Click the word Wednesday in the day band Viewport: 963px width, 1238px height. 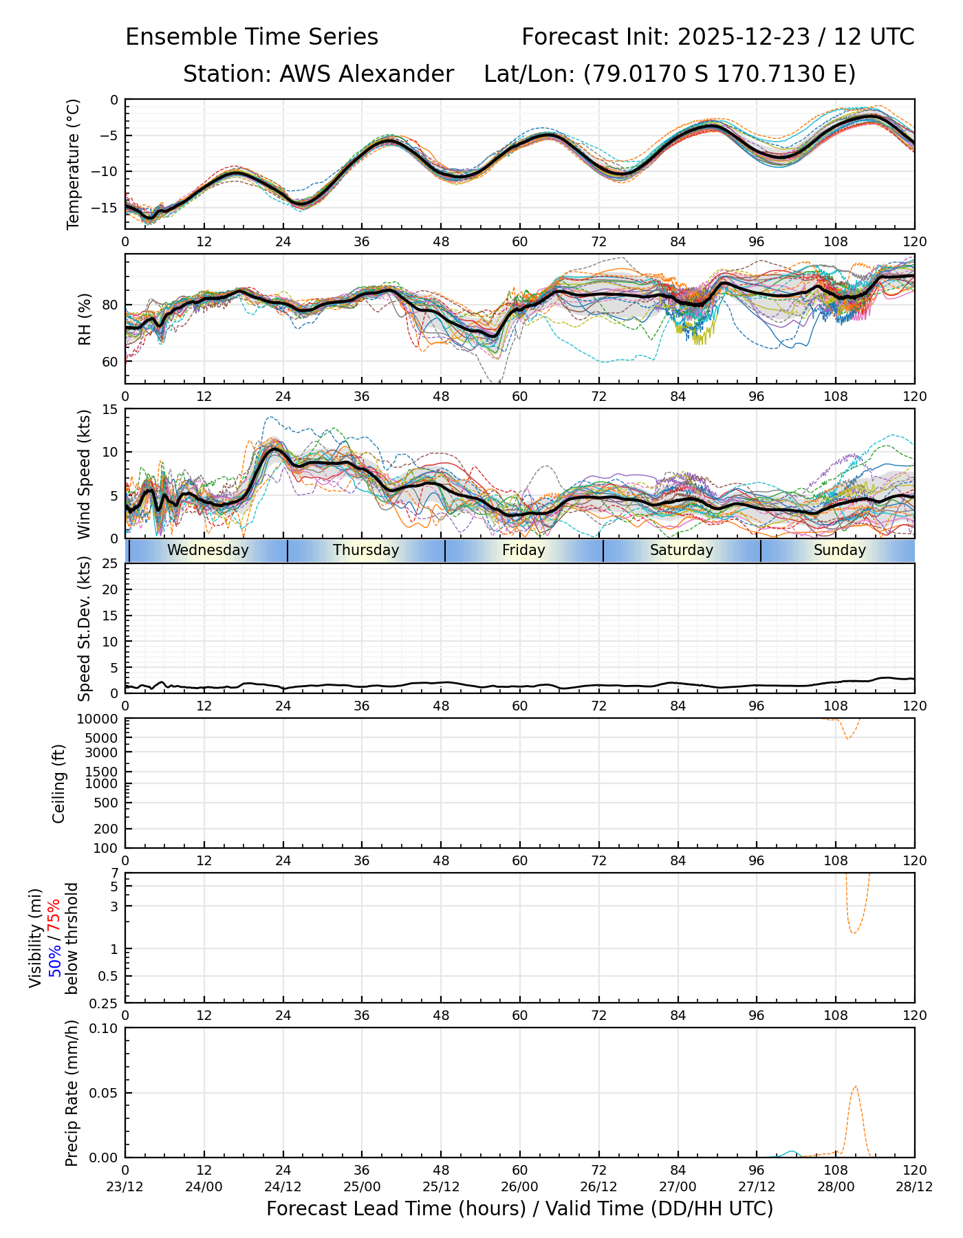coord(208,550)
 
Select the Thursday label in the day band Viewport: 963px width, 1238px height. coord(366,550)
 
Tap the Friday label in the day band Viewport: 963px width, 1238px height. coord(523,550)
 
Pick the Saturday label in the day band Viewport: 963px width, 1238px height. coord(682,550)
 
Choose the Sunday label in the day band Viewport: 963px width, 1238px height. coord(839,550)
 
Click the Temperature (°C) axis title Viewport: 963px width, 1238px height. coord(74,164)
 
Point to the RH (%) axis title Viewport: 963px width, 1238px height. coord(85,319)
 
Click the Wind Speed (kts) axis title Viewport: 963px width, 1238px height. coord(85,474)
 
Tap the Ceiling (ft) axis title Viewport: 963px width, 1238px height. coord(59,783)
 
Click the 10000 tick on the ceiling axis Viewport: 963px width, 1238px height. coord(100,719)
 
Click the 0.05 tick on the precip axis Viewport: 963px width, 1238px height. coord(104,1093)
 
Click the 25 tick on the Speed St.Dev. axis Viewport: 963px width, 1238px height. coord(110,564)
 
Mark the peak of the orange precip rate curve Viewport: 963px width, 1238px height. coord(855,1086)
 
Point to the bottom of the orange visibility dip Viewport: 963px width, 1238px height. coord(854,933)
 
